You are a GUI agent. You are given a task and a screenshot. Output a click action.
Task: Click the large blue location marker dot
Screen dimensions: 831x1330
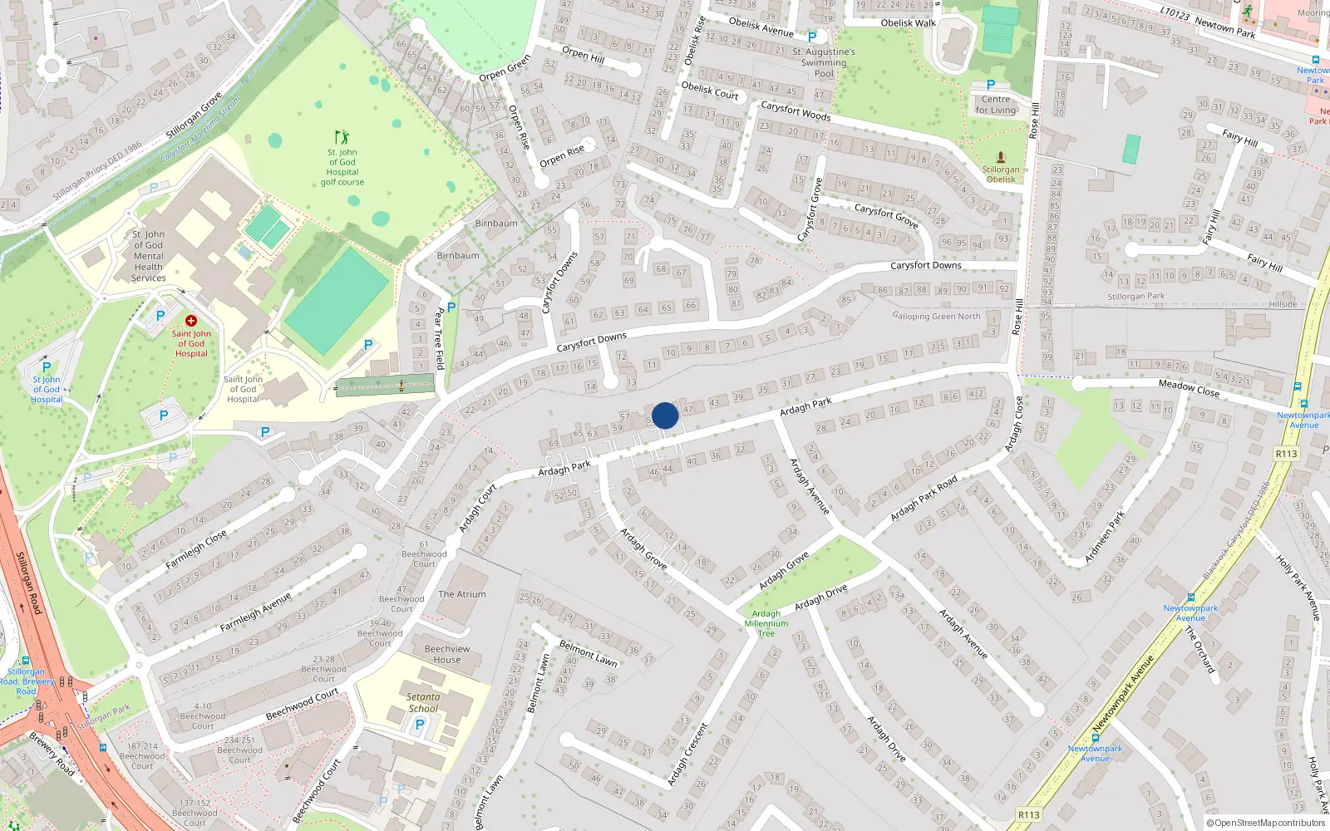[x=665, y=415]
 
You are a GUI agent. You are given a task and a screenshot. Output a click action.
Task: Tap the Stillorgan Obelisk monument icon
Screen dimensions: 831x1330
[x=1001, y=157]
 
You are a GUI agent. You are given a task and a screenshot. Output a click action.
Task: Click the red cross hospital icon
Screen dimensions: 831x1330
[x=191, y=321]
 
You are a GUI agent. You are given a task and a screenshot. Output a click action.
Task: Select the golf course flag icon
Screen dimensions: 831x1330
[x=342, y=137]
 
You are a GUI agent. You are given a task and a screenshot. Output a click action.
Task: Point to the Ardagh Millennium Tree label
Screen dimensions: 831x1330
[x=766, y=623]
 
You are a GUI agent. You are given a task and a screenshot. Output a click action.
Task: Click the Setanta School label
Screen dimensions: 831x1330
[x=423, y=703]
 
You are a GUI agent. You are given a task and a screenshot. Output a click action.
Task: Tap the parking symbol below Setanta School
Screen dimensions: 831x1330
[x=420, y=725]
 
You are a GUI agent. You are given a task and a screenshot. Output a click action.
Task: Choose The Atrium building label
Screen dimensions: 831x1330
[x=462, y=594]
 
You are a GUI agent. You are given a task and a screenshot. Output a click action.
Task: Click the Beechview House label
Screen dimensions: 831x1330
[x=447, y=654]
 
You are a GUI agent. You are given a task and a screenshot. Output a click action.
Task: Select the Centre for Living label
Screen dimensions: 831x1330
[x=996, y=105]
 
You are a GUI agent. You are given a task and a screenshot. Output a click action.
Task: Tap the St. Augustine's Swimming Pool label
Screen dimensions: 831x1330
[x=824, y=62]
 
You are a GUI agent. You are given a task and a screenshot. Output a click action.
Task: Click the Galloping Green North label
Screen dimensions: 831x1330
[x=936, y=316]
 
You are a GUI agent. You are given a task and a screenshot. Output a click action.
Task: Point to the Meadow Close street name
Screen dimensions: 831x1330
[x=1189, y=387]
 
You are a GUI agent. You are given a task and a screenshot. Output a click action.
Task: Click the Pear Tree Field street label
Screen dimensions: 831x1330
[x=440, y=338]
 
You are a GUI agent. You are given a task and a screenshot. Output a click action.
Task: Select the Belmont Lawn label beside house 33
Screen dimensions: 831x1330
[x=588, y=652]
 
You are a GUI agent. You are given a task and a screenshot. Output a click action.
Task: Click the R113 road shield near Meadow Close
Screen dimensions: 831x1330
[x=1286, y=454]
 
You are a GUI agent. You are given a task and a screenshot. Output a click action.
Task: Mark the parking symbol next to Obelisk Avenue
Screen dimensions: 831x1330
[x=812, y=37]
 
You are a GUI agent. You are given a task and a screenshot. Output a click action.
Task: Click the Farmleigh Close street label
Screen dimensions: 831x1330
[x=195, y=550]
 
